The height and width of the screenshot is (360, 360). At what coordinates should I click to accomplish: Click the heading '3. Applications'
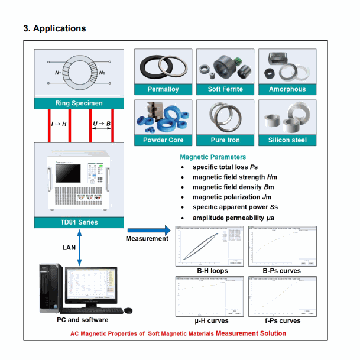pyautogui.click(x=54, y=28)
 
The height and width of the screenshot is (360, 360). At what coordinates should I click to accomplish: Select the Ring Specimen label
pyautogui.click(x=79, y=103)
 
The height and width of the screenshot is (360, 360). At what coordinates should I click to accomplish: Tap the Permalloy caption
pyautogui.click(x=164, y=89)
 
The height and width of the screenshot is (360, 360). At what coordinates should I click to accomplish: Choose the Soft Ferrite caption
pyautogui.click(x=225, y=89)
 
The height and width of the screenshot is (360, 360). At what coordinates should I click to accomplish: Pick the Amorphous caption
pyautogui.click(x=287, y=89)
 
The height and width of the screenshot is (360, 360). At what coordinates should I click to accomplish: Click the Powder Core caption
pyautogui.click(x=164, y=140)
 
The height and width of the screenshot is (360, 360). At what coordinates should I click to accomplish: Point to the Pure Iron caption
pyautogui.click(x=225, y=140)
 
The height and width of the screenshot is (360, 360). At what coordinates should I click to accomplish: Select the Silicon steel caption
pyautogui.click(x=287, y=140)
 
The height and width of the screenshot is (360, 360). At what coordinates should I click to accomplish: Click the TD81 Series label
pyautogui.click(x=79, y=223)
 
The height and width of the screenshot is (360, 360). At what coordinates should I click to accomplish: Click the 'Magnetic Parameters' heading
pyautogui.click(x=213, y=157)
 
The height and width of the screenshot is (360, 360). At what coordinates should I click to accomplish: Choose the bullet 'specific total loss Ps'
pyautogui.click(x=226, y=167)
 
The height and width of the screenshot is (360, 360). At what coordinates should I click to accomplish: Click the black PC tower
pyautogui.click(x=50, y=288)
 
